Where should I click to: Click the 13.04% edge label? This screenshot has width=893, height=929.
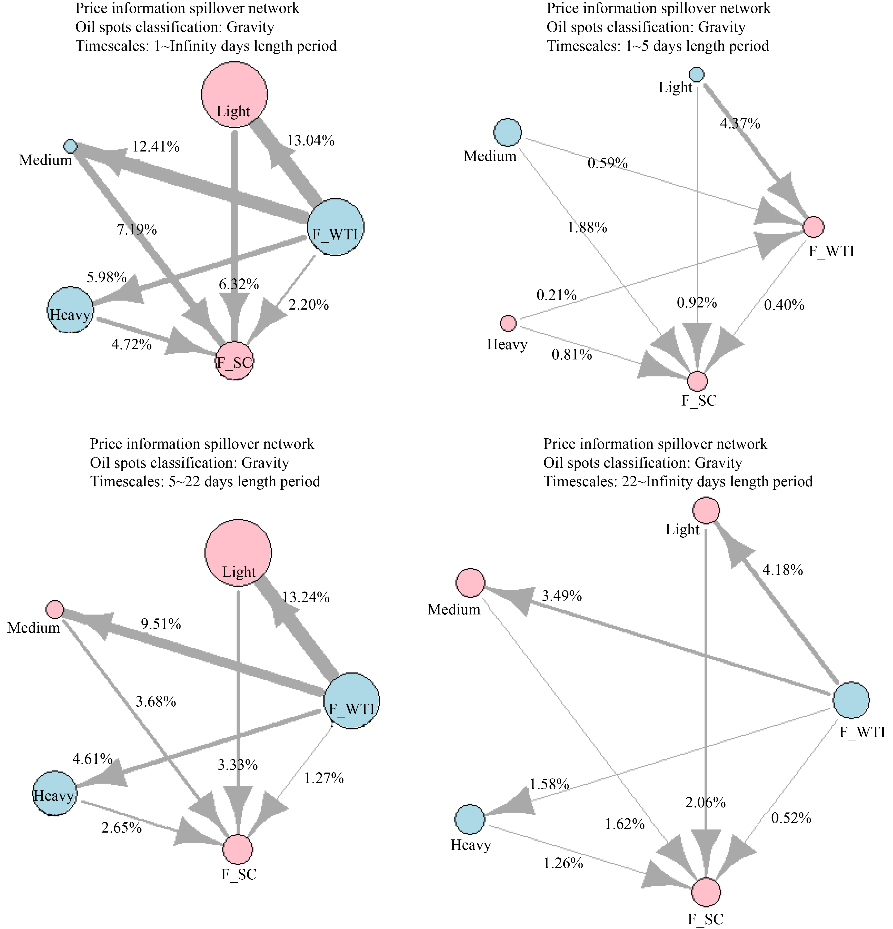click(310, 141)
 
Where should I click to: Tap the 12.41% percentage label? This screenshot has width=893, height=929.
click(155, 147)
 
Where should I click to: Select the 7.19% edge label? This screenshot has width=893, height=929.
click(137, 230)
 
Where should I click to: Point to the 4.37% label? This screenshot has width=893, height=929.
click(740, 124)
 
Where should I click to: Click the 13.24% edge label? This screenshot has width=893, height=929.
click(305, 597)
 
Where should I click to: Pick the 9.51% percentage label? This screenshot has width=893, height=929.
click(161, 624)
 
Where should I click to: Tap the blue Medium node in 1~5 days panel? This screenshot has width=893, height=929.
click(507, 132)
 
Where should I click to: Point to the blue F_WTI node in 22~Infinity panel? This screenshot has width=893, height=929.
click(851, 700)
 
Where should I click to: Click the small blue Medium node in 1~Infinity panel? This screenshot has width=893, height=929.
click(70, 146)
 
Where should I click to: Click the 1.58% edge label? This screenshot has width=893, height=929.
click(549, 784)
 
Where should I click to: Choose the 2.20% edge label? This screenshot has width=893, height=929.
click(308, 305)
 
